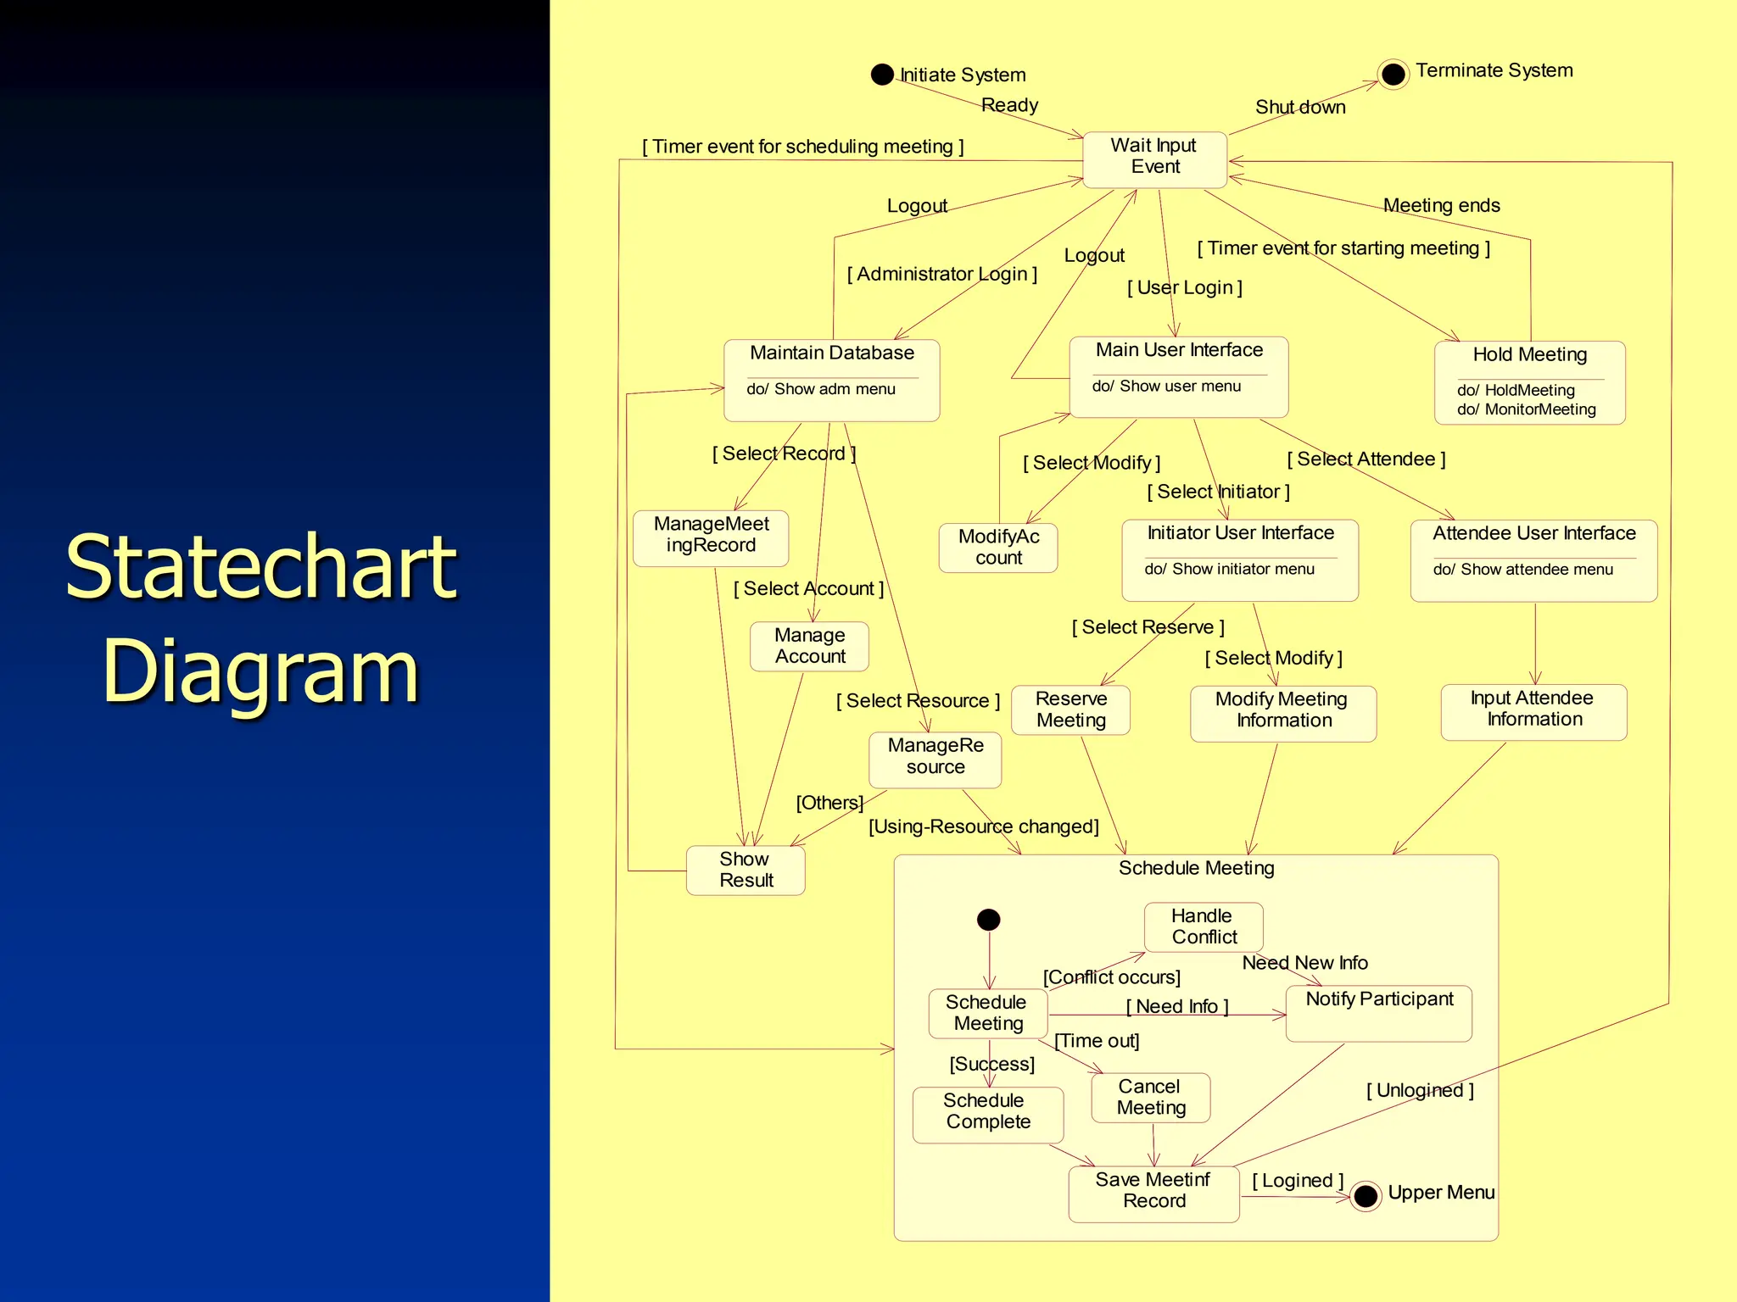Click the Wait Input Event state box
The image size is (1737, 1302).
tap(1154, 159)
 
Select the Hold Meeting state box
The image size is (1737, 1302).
tap(1529, 381)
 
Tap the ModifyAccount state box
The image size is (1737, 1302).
tap(998, 548)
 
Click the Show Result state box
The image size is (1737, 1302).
tap(746, 870)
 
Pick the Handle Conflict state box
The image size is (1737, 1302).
tap(1203, 926)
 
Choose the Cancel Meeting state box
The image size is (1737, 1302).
tap(1150, 1098)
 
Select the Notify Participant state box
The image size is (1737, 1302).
tap(1378, 1013)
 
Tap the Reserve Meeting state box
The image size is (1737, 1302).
tap(1070, 709)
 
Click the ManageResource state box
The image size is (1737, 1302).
tap(935, 757)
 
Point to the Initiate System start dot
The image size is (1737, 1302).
tap(882, 75)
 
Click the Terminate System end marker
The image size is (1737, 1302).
tap(1393, 75)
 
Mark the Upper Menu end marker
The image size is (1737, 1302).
tap(1366, 1196)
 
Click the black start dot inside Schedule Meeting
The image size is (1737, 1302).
tap(988, 920)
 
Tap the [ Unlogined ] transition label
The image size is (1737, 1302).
tap(1419, 1091)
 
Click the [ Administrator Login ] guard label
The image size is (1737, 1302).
tap(941, 275)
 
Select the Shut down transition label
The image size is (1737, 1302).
tap(1299, 108)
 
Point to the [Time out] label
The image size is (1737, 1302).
tap(1096, 1041)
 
